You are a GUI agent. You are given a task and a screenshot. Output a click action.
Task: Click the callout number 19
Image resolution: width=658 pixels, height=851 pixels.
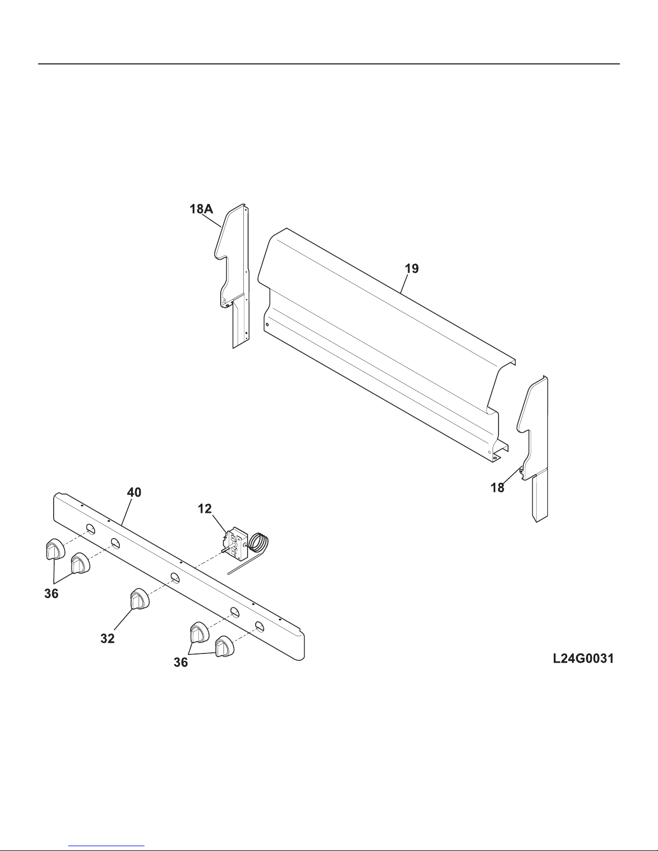[x=411, y=268]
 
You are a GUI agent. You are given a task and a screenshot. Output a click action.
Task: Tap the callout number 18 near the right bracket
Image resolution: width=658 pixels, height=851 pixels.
[x=498, y=488]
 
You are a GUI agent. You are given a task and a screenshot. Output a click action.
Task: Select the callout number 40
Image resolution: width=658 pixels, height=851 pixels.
[x=134, y=492]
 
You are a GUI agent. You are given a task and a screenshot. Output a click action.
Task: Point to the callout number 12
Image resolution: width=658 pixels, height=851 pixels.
[x=205, y=509]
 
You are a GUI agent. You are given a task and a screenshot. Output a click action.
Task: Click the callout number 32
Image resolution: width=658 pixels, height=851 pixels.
[x=107, y=638]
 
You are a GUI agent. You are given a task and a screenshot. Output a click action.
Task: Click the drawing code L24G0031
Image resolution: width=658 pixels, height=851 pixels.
[x=583, y=658]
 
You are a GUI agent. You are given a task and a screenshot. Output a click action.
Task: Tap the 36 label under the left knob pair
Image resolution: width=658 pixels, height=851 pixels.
[x=52, y=594]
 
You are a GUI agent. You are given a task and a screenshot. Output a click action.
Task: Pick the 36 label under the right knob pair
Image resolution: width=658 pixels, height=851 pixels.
[x=180, y=663]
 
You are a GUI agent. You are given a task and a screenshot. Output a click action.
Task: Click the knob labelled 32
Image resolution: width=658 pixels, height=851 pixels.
[x=139, y=599]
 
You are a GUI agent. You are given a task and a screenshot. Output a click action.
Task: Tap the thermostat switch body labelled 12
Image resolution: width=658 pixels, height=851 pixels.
[x=235, y=542]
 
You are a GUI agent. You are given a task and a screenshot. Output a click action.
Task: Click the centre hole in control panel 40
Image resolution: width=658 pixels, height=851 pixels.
[x=175, y=578]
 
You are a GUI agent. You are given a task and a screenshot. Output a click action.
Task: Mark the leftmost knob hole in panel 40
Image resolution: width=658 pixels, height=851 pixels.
[x=91, y=530]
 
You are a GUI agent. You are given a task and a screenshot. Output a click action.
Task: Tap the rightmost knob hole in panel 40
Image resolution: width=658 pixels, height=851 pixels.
[x=259, y=626]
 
